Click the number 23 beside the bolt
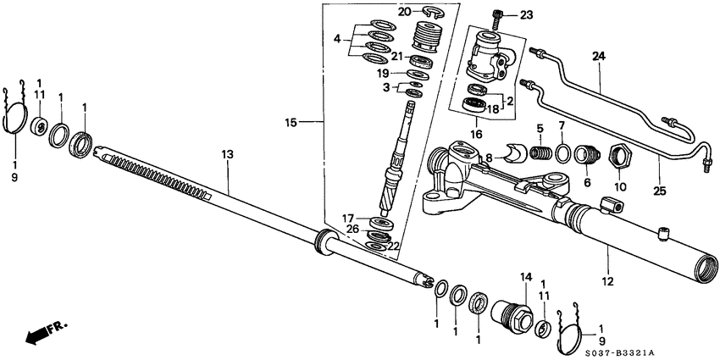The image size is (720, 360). click(527, 14)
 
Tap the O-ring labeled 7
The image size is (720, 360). click(562, 153)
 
